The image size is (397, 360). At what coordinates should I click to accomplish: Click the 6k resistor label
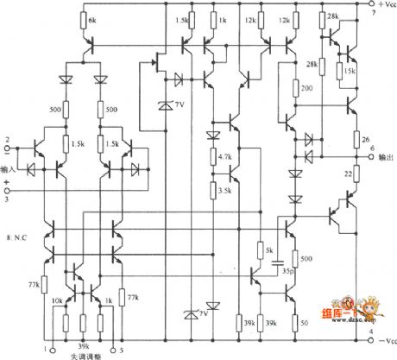click(92, 19)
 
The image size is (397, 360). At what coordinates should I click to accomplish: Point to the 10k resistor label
click(58, 300)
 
